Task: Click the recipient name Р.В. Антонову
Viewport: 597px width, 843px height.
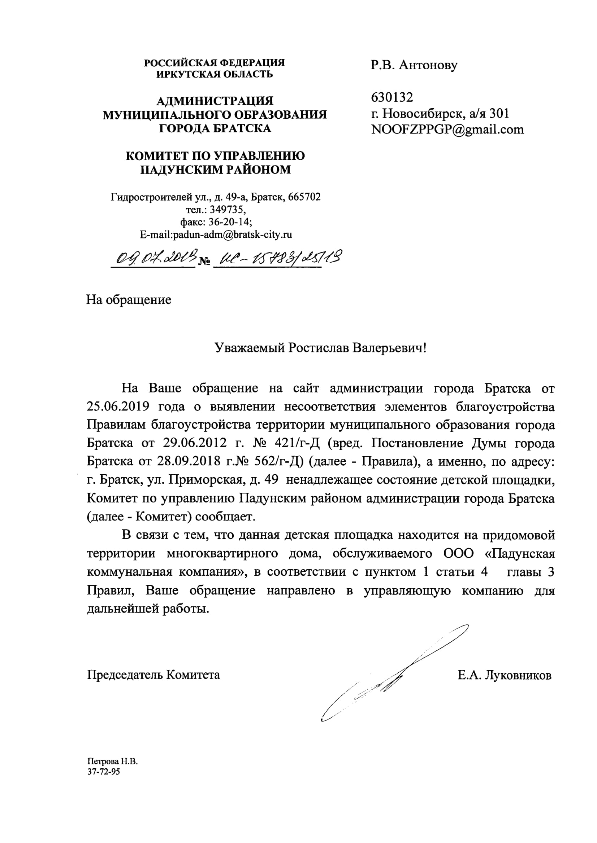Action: pyautogui.click(x=414, y=65)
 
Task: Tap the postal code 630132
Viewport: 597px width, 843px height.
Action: pyautogui.click(x=392, y=97)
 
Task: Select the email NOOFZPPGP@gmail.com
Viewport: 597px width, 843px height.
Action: pyautogui.click(x=447, y=129)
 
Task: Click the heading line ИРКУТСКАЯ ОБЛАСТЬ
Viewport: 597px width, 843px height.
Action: pyautogui.click(x=215, y=74)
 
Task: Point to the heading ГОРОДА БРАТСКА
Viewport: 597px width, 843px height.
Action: pyautogui.click(x=215, y=128)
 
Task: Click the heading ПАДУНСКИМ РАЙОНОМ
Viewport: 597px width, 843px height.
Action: pyautogui.click(x=216, y=170)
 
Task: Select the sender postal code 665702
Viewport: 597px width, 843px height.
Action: pyautogui.click(x=304, y=197)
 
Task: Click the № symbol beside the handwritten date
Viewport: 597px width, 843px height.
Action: pyautogui.click(x=204, y=262)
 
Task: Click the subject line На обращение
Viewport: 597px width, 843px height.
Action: pyautogui.click(x=129, y=300)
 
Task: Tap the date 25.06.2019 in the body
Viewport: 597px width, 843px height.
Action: pyautogui.click(x=118, y=407)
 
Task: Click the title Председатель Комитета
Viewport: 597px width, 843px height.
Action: pyautogui.click(x=153, y=675)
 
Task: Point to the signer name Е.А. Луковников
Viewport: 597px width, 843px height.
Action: pyautogui.click(x=504, y=675)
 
